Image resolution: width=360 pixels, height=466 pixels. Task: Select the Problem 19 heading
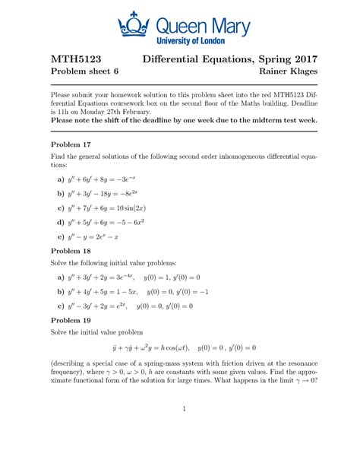pos(71,321)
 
